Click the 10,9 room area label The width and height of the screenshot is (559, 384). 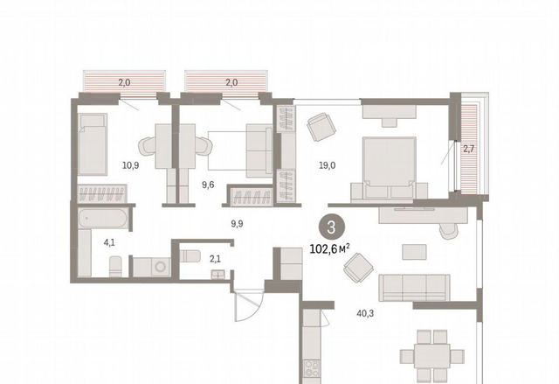[x=130, y=165]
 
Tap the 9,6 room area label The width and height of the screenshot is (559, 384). [x=208, y=185]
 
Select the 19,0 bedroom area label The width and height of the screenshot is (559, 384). [x=328, y=165]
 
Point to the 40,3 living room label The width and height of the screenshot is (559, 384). [x=365, y=313]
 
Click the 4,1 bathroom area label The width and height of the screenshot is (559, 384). [x=109, y=242]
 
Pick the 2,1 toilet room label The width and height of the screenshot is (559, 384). [x=215, y=259]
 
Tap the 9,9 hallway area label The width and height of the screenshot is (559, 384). [x=237, y=224]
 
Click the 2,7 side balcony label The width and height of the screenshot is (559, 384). [x=468, y=149]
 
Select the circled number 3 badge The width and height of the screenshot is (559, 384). [x=332, y=227]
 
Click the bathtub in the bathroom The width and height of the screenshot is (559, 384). [x=103, y=218]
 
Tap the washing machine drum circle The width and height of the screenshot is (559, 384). [x=161, y=267]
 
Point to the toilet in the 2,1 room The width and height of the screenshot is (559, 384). [x=190, y=256]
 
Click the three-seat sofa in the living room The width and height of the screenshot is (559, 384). [x=414, y=288]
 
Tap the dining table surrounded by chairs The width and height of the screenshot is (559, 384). [x=431, y=356]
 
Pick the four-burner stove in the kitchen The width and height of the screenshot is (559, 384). [x=312, y=368]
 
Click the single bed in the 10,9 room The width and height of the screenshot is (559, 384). [x=93, y=144]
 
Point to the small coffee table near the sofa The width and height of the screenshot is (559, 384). [x=414, y=252]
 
